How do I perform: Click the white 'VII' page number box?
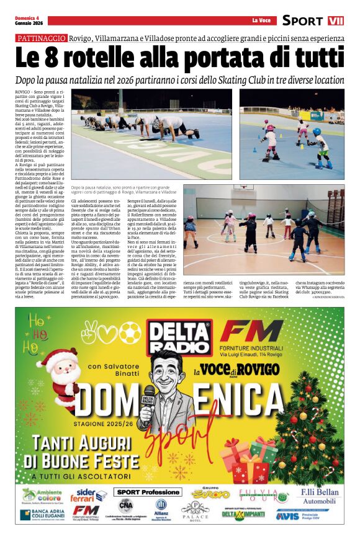click(335, 20)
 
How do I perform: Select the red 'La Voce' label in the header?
click(262, 20)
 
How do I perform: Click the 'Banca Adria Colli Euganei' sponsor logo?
click(42, 515)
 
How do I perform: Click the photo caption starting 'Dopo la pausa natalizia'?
click(119, 190)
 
